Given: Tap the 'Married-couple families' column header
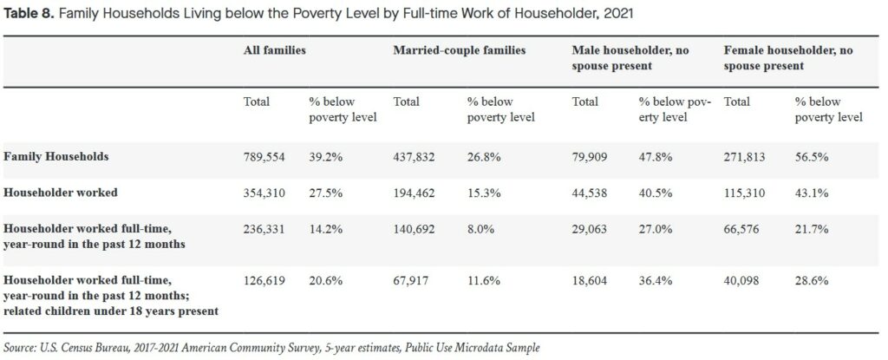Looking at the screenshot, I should (x=460, y=51).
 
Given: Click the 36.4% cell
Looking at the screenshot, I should (x=655, y=281).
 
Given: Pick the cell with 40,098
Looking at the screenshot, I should (x=743, y=281).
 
